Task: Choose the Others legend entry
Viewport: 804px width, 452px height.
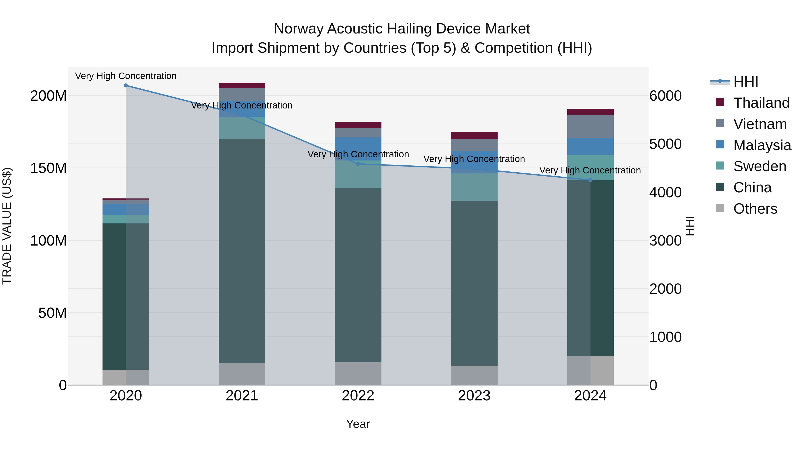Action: (x=755, y=209)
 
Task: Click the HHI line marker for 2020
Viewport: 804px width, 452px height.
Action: (x=126, y=85)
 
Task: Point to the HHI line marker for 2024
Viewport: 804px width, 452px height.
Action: (x=590, y=180)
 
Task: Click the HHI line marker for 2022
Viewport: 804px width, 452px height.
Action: (x=358, y=164)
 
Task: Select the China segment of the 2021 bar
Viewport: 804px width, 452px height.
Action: (x=242, y=250)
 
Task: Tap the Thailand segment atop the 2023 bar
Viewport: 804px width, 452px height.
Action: (x=474, y=135)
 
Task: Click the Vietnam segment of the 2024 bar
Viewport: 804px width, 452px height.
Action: (x=590, y=126)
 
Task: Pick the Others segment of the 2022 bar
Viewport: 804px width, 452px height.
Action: (x=358, y=373)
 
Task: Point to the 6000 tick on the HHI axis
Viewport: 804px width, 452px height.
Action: (x=666, y=96)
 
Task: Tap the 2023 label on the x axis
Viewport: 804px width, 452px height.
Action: (x=474, y=396)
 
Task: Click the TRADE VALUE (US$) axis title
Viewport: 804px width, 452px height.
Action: (x=7, y=226)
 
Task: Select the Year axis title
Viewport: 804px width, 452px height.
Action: (x=358, y=424)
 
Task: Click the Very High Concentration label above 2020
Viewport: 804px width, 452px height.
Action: (x=126, y=76)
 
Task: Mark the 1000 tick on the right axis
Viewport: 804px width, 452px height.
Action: (x=666, y=337)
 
